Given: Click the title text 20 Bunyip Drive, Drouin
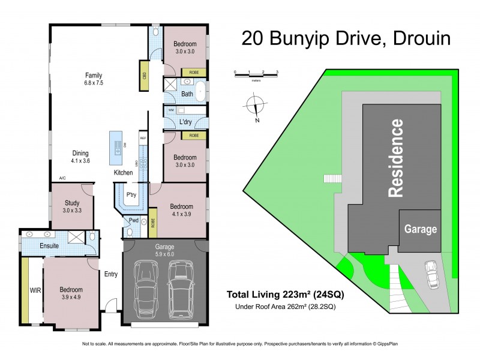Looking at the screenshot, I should point(346,38).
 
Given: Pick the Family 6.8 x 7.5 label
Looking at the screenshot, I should point(94,79).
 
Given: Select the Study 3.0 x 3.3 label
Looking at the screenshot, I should point(71,206).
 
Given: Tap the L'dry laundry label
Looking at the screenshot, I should point(185,122).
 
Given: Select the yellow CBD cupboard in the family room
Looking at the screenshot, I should point(145,76).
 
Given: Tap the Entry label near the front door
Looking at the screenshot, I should point(111,274).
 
